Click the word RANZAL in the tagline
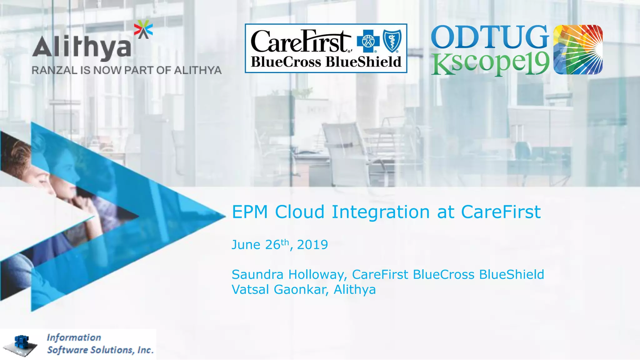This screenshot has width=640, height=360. tap(54, 70)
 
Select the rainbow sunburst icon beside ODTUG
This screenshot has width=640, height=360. tap(578, 49)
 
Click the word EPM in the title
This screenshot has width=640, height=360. tap(250, 212)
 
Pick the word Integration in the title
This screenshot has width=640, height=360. tap(381, 212)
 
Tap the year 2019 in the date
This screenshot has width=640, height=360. tap(312, 245)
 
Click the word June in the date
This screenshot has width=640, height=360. tap(246, 245)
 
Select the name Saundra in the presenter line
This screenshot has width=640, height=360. tap(257, 275)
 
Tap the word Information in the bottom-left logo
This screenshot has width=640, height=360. tap(74, 337)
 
